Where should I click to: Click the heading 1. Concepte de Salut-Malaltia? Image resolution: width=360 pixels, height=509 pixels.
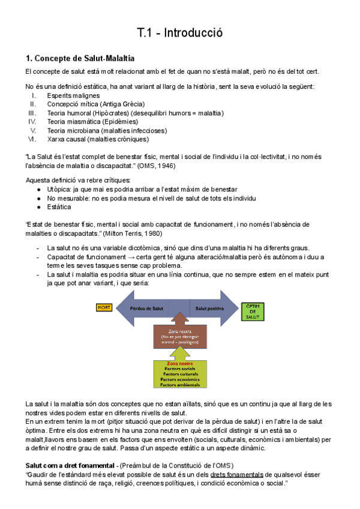click(80, 58)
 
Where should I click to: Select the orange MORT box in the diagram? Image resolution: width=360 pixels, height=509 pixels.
click(104, 307)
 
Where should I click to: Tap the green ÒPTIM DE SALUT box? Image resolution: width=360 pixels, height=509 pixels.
click(251, 312)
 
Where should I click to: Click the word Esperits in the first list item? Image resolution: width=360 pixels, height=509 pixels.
click(59, 95)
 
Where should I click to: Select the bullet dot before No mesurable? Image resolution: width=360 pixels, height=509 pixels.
click(39, 198)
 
